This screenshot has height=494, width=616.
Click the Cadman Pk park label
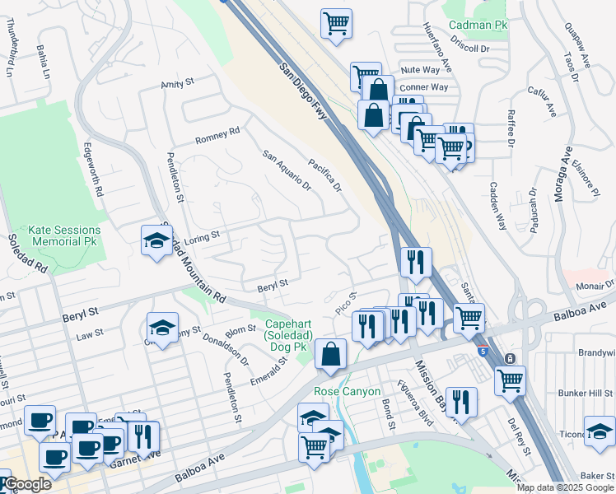478,26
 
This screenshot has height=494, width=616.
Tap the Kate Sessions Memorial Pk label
64,235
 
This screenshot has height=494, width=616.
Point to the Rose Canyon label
347,391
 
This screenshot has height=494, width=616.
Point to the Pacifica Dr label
324,175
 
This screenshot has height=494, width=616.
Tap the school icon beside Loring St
156,240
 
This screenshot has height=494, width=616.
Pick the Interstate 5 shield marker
482,352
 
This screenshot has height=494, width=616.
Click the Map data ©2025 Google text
565,487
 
